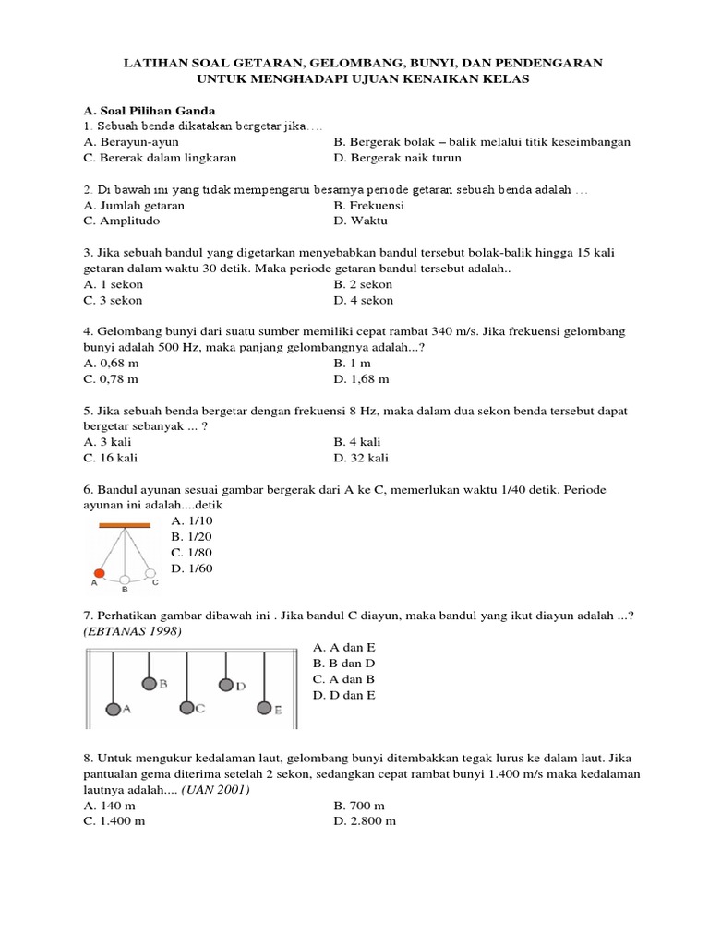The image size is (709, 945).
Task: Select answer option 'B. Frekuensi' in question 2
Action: [368, 206]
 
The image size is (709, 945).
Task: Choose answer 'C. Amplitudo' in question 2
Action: [121, 221]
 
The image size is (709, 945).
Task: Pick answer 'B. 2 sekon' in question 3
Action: [363, 285]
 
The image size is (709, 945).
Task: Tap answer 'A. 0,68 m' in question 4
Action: [116, 364]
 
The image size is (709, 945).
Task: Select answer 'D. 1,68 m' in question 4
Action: [361, 379]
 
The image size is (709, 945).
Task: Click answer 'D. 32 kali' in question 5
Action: [361, 458]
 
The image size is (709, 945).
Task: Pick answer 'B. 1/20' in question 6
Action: [192, 536]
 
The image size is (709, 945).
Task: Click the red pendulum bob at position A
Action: [100, 573]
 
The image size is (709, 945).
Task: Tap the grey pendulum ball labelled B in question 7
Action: [150, 684]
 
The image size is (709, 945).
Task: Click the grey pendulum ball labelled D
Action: [226, 685]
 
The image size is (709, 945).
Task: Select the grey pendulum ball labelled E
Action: [264, 708]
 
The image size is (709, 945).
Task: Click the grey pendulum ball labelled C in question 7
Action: [187, 708]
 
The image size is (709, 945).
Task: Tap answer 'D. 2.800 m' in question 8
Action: [365, 820]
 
